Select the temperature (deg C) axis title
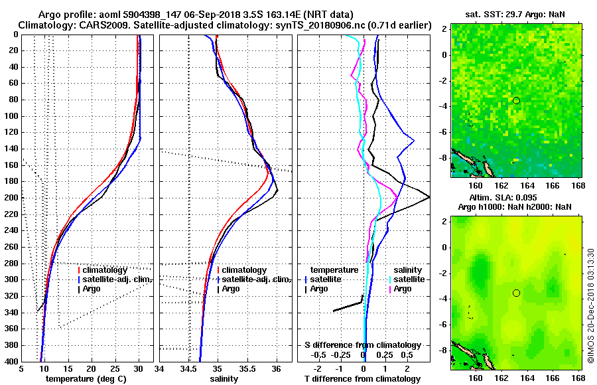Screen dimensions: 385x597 (x=86, y=378)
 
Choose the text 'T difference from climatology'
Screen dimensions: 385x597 (x=362, y=378)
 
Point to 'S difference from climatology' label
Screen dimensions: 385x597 (x=362, y=345)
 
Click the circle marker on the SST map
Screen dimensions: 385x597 (x=516, y=100)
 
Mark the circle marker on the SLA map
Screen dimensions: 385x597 (x=516, y=293)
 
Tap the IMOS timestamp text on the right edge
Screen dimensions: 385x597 (x=590, y=305)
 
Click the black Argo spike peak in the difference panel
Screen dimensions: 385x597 (x=429, y=197)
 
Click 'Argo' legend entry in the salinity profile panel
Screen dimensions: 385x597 (x=231, y=289)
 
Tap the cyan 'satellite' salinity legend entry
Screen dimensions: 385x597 (x=407, y=279)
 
